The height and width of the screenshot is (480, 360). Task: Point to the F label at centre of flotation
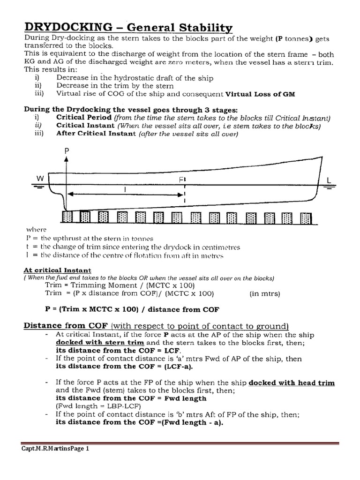(181, 180)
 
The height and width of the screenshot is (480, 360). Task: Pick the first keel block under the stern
(68, 217)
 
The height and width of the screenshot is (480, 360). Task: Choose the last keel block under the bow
(306, 217)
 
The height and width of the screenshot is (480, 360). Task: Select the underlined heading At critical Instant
(58, 270)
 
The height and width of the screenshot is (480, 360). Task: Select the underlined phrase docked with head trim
(292, 382)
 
